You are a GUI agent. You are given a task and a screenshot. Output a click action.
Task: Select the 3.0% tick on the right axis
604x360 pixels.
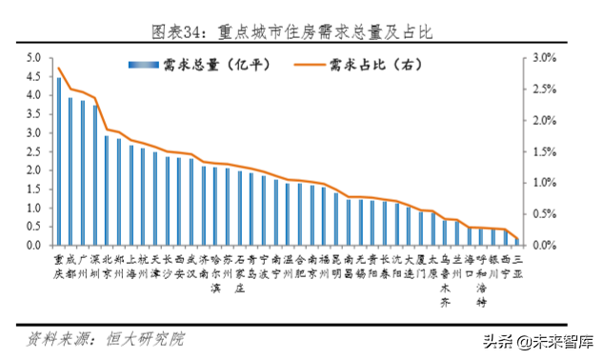coord(542,58)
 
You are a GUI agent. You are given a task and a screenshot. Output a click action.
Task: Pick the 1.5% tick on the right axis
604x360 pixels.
coord(542,151)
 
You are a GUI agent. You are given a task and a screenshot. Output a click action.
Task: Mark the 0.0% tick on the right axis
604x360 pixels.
coord(542,246)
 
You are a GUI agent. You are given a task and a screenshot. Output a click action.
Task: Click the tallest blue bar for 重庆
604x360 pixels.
coord(59,161)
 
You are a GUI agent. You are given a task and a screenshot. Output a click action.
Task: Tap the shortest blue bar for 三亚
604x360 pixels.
coord(516,241)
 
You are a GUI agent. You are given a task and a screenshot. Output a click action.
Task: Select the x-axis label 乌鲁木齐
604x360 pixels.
coord(444,280)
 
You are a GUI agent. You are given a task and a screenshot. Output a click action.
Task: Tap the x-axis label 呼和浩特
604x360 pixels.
coord(480,280)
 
